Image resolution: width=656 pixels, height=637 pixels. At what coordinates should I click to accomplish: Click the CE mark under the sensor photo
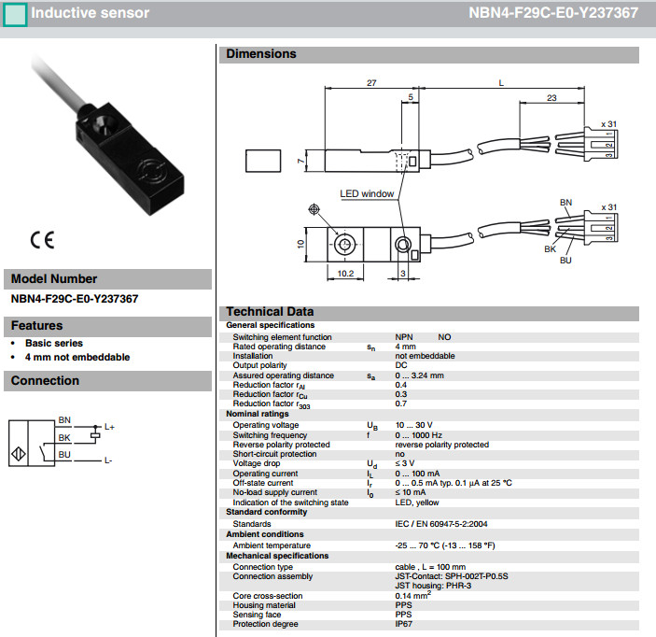coord(42,239)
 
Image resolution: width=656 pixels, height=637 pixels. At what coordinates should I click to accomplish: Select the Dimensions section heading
coord(261,54)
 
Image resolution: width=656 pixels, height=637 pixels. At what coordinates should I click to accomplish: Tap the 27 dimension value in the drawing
coord(371,83)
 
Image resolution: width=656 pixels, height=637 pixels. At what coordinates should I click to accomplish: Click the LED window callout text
coord(367,194)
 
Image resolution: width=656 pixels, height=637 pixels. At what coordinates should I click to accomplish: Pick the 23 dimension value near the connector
coord(552,96)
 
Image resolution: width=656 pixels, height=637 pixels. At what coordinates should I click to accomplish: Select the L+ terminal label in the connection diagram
coord(109,427)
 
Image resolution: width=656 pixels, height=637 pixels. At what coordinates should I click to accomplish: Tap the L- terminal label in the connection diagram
coord(108,460)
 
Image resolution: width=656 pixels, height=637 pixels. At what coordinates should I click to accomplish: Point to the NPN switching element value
coord(404,336)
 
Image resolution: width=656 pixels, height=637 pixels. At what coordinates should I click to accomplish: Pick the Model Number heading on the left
coord(54,279)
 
